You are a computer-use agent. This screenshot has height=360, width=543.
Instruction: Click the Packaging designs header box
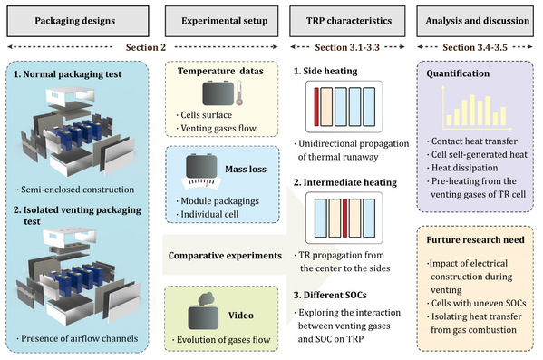tap(78, 21)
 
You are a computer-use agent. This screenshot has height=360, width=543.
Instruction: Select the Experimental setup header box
tap(221, 21)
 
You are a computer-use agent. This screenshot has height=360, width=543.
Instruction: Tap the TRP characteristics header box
tap(347, 21)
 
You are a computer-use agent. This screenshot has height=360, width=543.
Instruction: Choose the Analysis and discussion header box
tap(475, 21)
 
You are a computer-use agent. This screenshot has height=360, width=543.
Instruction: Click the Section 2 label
tap(146, 47)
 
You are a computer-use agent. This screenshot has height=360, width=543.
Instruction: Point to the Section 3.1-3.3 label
tap(347, 47)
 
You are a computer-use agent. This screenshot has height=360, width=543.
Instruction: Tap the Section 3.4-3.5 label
tap(475, 47)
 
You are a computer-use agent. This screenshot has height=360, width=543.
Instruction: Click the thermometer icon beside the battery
tap(239, 92)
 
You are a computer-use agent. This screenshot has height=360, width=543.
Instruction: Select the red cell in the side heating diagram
tap(316, 107)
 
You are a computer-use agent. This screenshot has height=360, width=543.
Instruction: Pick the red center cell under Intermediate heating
tap(344, 218)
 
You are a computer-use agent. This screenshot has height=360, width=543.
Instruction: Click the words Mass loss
tap(246, 169)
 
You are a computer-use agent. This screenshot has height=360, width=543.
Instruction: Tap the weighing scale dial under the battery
tap(201, 183)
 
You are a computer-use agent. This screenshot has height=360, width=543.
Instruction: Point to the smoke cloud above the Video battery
tap(206, 299)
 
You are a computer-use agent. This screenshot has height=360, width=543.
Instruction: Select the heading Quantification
tap(458, 73)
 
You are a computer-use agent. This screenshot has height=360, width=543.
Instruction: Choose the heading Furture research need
tap(475, 239)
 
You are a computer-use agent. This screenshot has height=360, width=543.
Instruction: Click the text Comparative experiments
tap(225, 256)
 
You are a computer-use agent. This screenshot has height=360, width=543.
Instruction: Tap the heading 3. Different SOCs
tap(330, 296)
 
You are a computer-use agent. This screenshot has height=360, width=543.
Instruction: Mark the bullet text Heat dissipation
tap(464, 168)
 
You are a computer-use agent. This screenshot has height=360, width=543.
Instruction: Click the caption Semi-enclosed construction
tap(78, 190)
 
